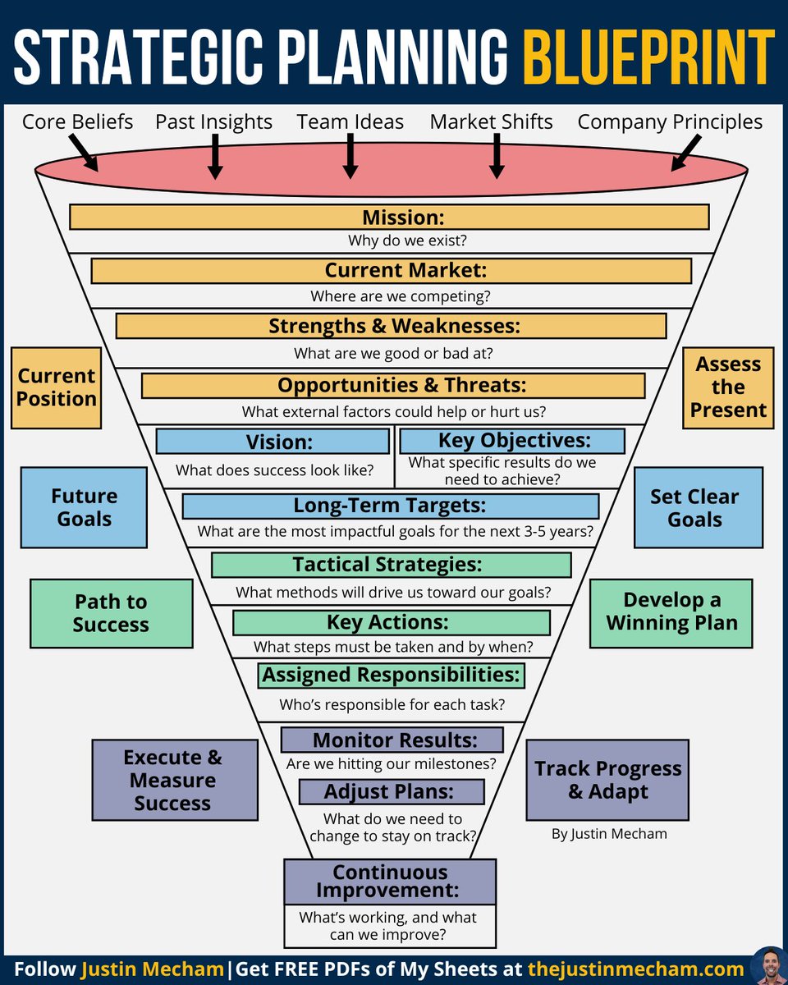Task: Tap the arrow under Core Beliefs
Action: (83, 153)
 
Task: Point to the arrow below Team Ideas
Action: (350, 156)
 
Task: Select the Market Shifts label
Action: (491, 122)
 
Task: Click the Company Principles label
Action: (670, 122)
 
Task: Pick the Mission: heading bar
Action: (389, 217)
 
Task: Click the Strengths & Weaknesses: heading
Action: (391, 326)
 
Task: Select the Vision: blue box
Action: (273, 442)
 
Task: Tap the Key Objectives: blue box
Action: (511, 441)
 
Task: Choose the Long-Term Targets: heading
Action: (390, 506)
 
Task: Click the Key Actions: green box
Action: (391, 622)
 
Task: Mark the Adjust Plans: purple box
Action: (391, 792)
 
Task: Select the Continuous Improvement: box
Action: (390, 882)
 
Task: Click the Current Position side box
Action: (57, 387)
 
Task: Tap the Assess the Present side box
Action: (728, 387)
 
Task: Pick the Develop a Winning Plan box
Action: (671, 612)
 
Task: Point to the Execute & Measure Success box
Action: (174, 780)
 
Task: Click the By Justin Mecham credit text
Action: (609, 834)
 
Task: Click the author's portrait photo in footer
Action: (768, 966)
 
